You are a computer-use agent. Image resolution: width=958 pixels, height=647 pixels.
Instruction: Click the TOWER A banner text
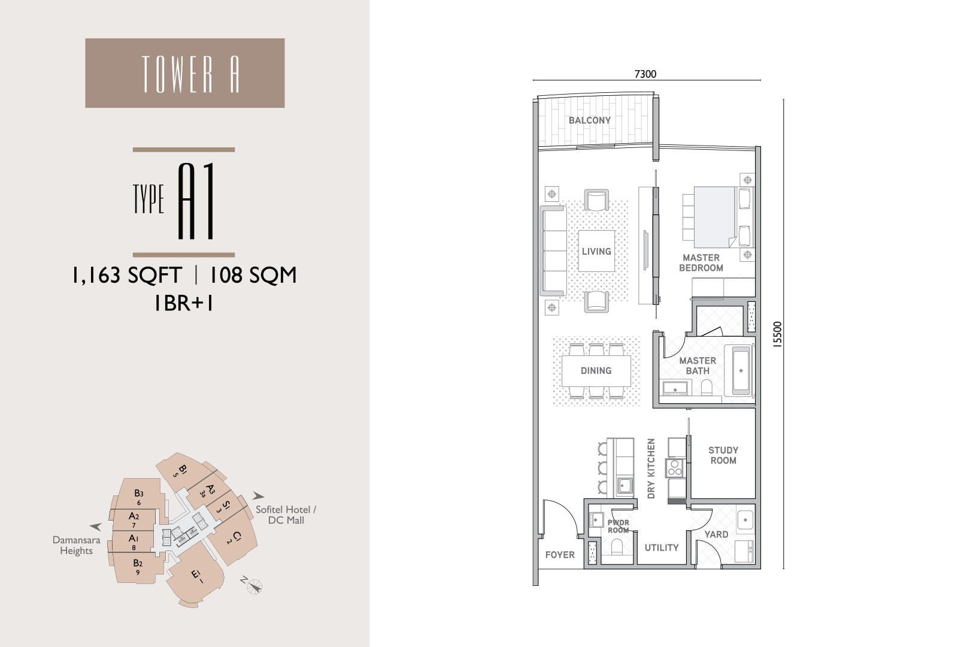[x=190, y=74]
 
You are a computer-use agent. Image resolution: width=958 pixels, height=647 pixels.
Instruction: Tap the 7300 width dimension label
[x=645, y=74]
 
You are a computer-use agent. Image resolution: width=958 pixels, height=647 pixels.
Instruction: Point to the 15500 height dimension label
[x=778, y=334]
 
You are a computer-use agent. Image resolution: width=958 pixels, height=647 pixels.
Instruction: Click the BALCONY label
[x=590, y=120]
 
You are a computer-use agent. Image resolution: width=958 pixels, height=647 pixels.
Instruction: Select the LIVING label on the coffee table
[x=596, y=251]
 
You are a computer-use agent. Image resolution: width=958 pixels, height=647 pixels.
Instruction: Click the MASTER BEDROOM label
[x=701, y=263]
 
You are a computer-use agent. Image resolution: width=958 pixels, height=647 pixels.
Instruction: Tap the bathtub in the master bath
[x=741, y=371]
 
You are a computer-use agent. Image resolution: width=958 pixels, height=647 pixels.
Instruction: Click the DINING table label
[x=596, y=371]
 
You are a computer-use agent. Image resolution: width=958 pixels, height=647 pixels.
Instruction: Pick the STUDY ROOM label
[x=723, y=455]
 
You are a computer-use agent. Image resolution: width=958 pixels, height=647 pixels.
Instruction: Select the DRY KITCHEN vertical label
[x=651, y=468]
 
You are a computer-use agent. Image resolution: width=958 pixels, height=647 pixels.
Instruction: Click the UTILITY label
[x=662, y=548]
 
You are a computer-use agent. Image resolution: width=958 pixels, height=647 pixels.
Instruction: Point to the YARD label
[x=716, y=534]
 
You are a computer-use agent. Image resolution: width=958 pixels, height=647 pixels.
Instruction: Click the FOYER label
[x=560, y=555]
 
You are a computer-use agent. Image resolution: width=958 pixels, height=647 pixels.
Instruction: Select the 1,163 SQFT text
[x=127, y=275]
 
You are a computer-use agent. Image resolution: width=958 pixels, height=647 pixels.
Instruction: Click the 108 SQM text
[x=252, y=275]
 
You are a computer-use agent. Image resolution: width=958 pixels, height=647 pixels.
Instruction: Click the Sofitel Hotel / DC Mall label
[x=286, y=515]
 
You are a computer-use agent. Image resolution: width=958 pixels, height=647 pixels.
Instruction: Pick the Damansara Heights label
[x=76, y=545]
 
